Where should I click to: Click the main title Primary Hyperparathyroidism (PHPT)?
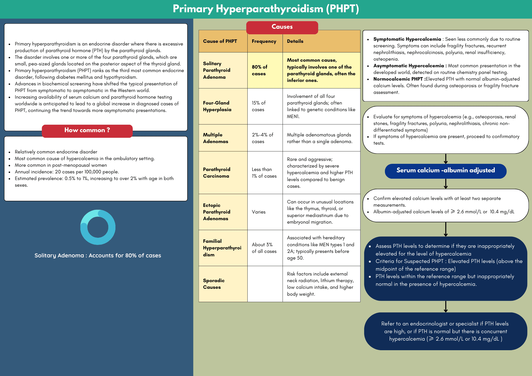[x=266, y=9]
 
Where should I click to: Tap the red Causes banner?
[x=282, y=27]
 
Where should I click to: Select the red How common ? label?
[x=87, y=131]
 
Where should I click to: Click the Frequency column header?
[x=264, y=41]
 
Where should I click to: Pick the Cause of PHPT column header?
[x=220, y=41]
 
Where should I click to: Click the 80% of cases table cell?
[x=260, y=70]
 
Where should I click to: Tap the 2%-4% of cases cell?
[x=262, y=138]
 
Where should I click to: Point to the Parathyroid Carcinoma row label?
[x=217, y=173]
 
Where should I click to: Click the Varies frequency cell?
[x=259, y=212]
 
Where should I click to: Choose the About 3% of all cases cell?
[x=264, y=248]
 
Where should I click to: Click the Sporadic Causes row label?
[x=214, y=284]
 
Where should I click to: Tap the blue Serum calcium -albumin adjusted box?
[x=446, y=171]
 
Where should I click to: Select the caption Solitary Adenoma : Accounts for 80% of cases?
[x=98, y=256]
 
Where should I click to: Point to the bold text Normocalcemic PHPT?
[x=398, y=79]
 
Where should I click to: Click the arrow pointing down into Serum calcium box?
[x=446, y=159]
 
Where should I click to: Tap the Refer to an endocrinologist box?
[x=445, y=331]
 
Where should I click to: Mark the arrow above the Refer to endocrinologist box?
[x=446, y=307]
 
